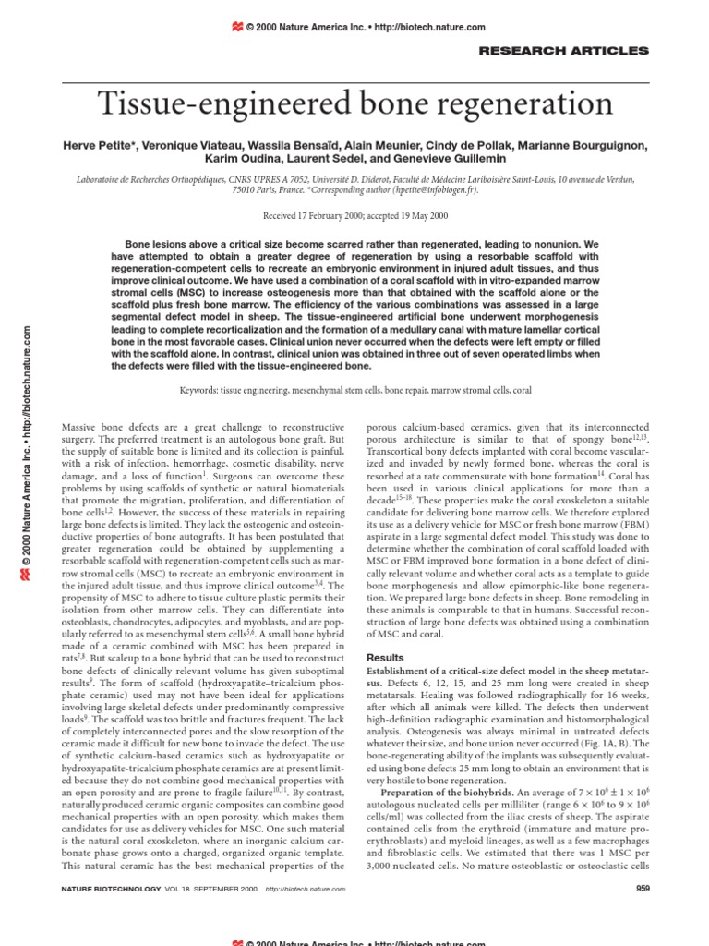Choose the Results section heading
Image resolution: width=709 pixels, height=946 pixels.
click(386, 658)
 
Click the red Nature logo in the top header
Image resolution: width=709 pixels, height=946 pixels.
click(237, 28)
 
